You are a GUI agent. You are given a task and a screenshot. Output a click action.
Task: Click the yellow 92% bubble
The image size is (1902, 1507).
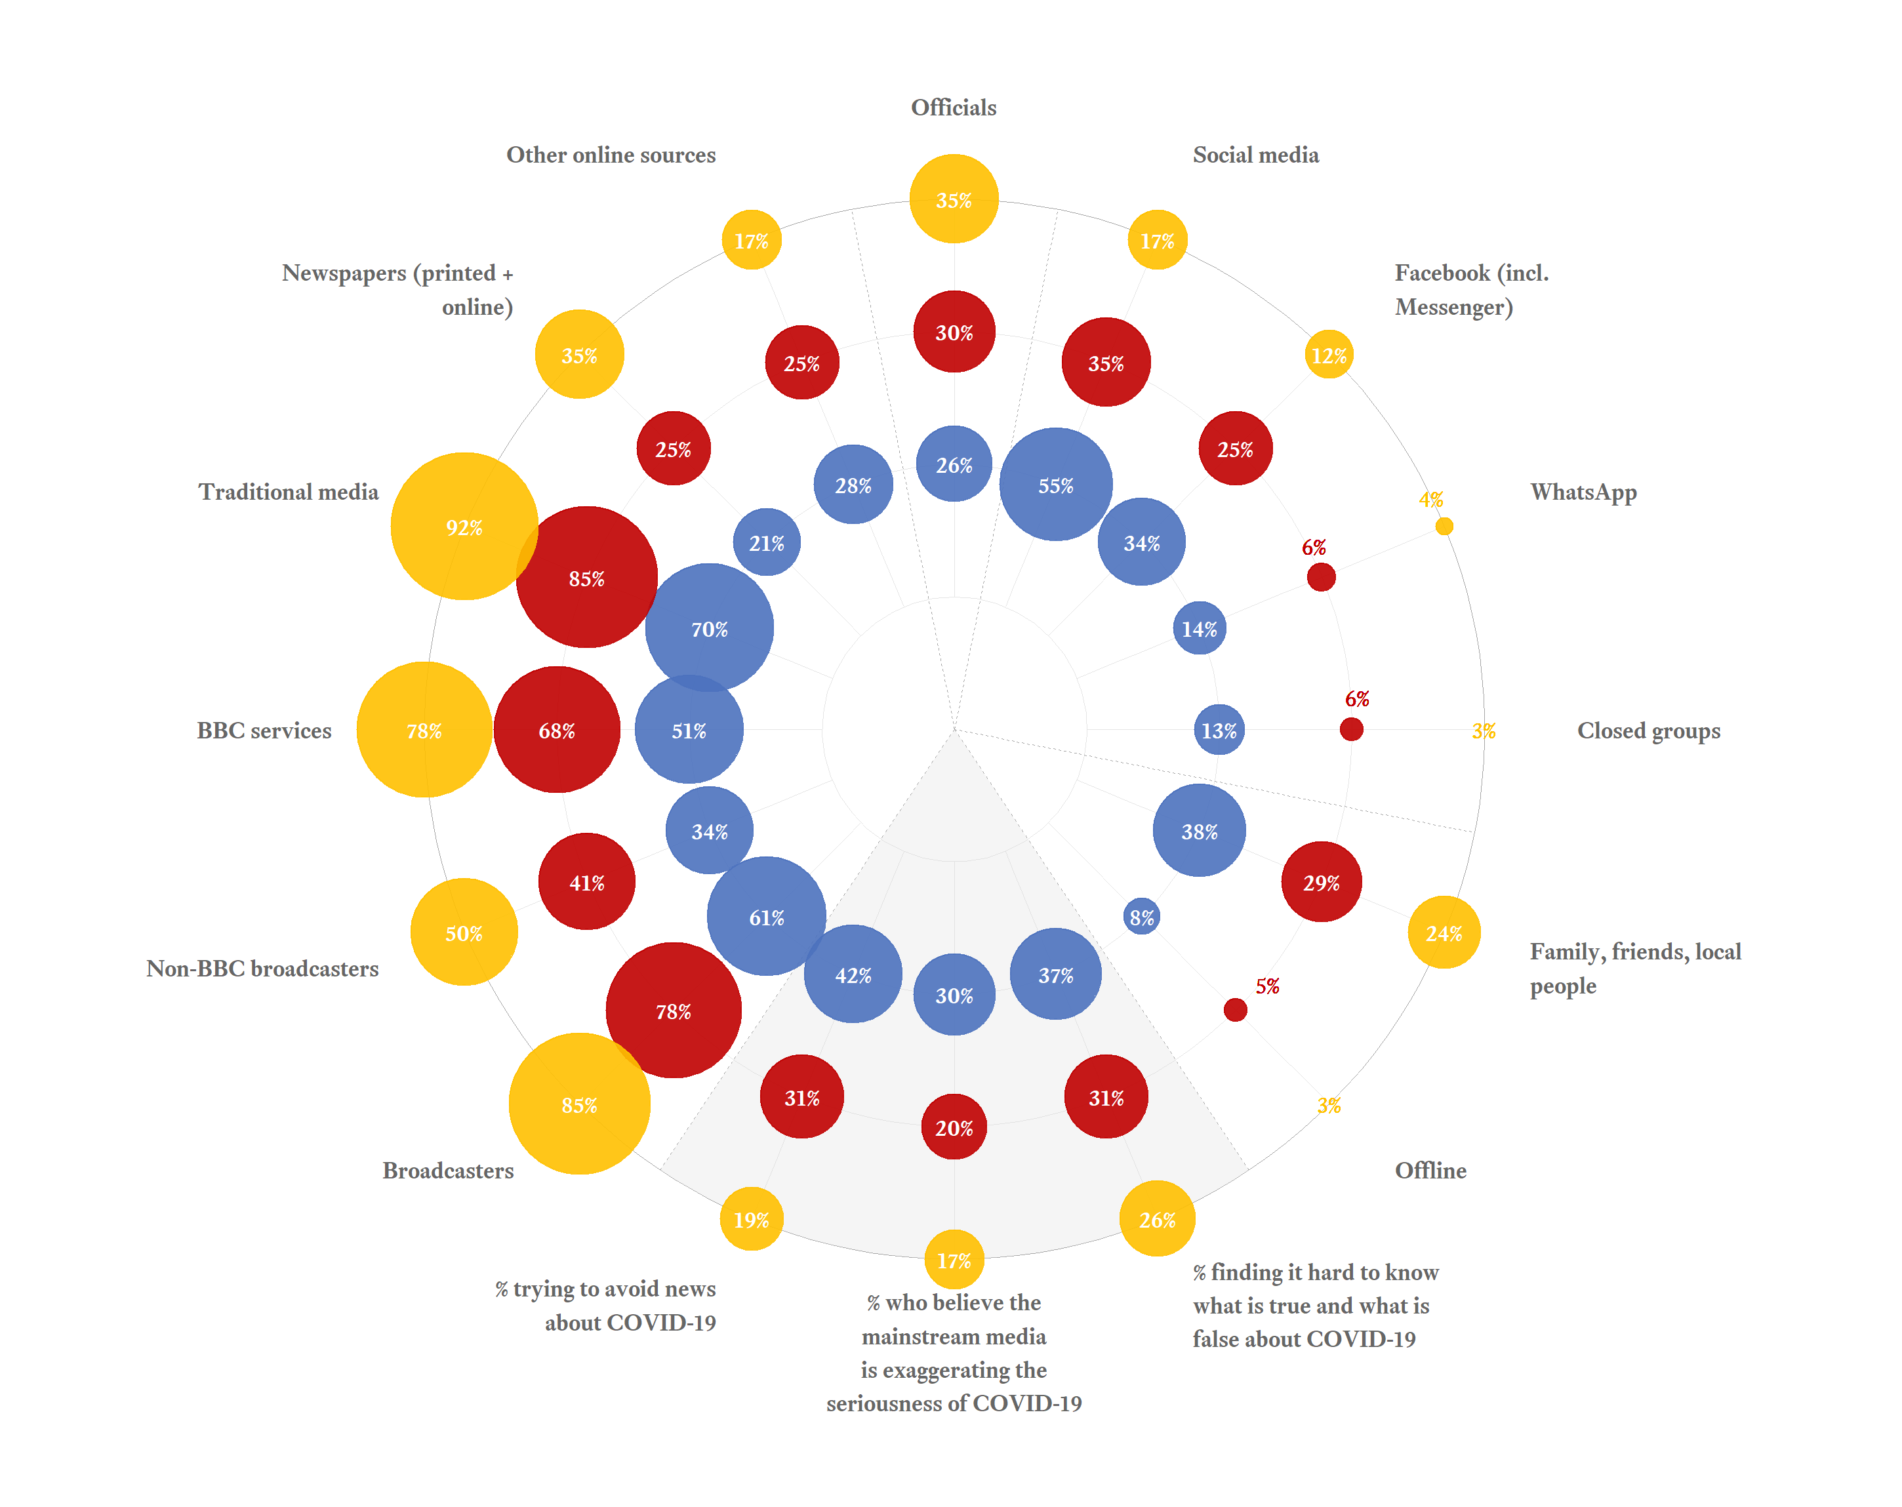pyautogui.click(x=464, y=527)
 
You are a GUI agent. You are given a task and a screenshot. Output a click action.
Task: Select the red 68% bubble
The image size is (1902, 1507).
pyautogui.click(x=557, y=730)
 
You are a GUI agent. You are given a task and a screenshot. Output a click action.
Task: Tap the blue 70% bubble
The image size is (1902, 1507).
pyautogui.click(x=709, y=628)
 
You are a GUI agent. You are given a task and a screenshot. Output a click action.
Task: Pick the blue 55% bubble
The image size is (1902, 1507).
pyautogui.click(x=1055, y=485)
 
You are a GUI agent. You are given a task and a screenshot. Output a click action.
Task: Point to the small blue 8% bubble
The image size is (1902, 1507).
pyautogui.click(x=1142, y=917)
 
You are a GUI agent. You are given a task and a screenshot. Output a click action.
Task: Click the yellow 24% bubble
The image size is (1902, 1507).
pyautogui.click(x=1444, y=933)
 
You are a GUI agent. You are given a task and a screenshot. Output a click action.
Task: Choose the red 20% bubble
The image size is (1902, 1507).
pyautogui.click(x=954, y=1127)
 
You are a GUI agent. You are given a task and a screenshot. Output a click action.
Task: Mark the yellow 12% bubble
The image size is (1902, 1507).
pyautogui.click(x=1329, y=355)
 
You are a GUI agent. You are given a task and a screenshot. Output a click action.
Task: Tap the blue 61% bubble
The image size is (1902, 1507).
pyautogui.click(x=766, y=917)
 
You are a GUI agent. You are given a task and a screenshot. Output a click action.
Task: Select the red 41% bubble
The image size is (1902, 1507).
pyautogui.click(x=586, y=881)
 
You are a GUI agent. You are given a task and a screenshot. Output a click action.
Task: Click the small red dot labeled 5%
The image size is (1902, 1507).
pyautogui.click(x=1235, y=1009)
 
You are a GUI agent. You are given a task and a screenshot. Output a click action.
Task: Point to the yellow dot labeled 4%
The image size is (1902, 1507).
pyautogui.click(x=1444, y=526)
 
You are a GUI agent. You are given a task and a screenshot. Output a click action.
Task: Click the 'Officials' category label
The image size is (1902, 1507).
pyautogui.click(x=954, y=108)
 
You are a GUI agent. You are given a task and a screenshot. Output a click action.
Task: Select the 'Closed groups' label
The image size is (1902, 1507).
pyautogui.click(x=1648, y=731)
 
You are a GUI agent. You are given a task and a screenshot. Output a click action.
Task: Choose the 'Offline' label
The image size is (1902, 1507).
pyautogui.click(x=1430, y=1170)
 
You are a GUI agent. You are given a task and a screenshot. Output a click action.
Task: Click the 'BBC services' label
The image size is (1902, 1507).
pyautogui.click(x=264, y=731)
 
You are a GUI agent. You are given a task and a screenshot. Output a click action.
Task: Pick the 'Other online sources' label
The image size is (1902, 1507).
pyautogui.click(x=611, y=155)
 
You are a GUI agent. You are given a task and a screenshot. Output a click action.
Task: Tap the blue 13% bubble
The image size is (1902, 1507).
pyautogui.click(x=1219, y=730)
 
